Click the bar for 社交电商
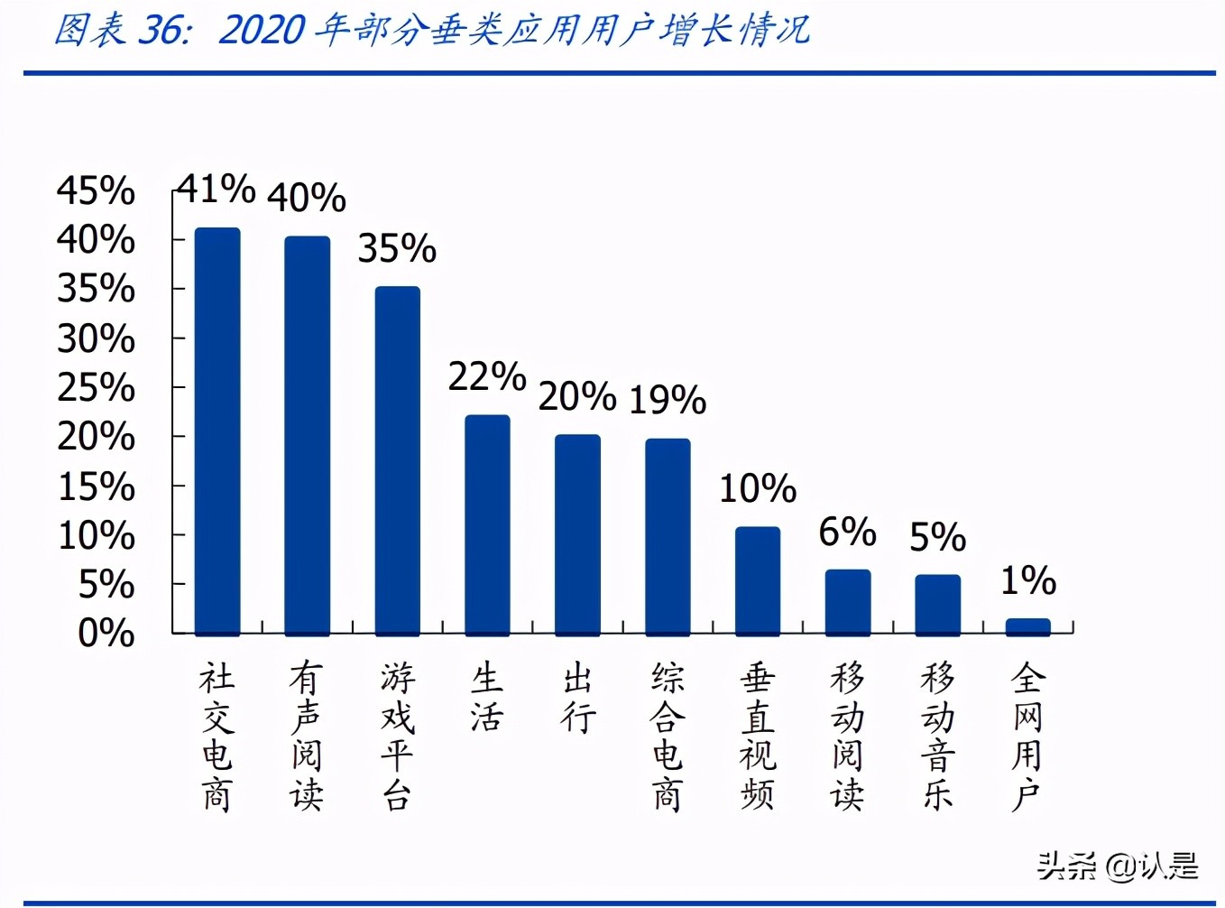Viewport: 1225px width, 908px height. click(217, 431)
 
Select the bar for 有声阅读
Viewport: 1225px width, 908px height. click(308, 435)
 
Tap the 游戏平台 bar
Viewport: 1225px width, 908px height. click(398, 460)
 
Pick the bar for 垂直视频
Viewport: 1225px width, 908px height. click(758, 580)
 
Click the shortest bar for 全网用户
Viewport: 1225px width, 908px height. click(1028, 626)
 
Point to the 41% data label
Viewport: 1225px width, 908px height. click(216, 190)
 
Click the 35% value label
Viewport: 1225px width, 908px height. click(397, 249)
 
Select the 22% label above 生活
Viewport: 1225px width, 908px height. click(487, 377)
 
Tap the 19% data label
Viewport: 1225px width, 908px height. click(668, 400)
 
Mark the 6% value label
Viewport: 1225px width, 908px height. click(847, 533)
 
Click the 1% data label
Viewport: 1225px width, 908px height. click(1028, 580)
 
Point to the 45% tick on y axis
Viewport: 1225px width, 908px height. click(96, 191)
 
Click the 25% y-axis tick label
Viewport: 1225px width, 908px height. click(96, 388)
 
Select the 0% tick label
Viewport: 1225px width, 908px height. click(106, 634)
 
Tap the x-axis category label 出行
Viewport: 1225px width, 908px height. click(578, 698)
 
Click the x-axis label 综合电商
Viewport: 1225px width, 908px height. click(668, 737)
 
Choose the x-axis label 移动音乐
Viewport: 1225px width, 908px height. click(938, 737)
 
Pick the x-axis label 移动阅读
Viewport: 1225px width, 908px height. click(848, 737)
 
